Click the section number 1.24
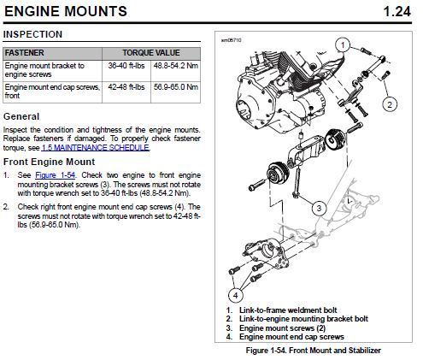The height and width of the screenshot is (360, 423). coord(397,11)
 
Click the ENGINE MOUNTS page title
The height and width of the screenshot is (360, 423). coord(66,11)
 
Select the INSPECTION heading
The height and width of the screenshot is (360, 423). coord(32,34)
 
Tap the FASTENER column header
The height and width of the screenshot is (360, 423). coord(25,53)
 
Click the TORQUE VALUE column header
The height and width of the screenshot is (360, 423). coord(151,53)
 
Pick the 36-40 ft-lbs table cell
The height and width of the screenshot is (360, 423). coord(126,66)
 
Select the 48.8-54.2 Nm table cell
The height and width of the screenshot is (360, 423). coord(176,66)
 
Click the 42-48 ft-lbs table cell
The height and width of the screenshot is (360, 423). coord(126,87)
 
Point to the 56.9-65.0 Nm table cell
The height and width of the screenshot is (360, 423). coord(176,87)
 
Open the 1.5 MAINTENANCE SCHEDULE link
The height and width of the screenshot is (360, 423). coord(96,148)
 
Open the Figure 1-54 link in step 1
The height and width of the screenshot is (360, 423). coord(56,174)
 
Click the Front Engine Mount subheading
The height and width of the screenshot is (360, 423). coord(49,162)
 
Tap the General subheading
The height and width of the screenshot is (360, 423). coord(21,116)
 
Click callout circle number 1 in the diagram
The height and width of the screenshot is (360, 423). coord(343,45)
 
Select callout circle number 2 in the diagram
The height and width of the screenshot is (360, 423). coord(390,104)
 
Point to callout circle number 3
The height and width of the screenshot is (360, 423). coord(319,208)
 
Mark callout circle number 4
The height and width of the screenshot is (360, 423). coord(236,295)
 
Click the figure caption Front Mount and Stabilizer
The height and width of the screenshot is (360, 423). coord(335,351)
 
